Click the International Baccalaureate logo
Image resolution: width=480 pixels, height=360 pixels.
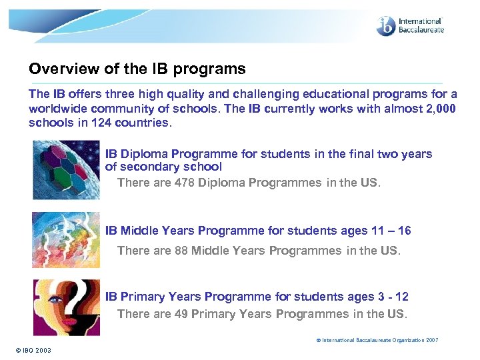pyautogui.click(x=409, y=26)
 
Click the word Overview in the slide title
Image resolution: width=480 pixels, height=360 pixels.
pyautogui.click(x=56, y=69)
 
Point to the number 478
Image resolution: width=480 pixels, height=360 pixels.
pyautogui.click(x=185, y=183)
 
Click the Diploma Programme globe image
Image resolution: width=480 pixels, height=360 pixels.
pyautogui.click(x=65, y=169)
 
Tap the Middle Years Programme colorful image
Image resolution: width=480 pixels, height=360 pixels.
pyautogui.click(x=65, y=239)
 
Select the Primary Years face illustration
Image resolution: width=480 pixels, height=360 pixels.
pyautogui.click(x=65, y=307)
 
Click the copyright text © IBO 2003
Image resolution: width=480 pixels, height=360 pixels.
pyautogui.click(x=31, y=351)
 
